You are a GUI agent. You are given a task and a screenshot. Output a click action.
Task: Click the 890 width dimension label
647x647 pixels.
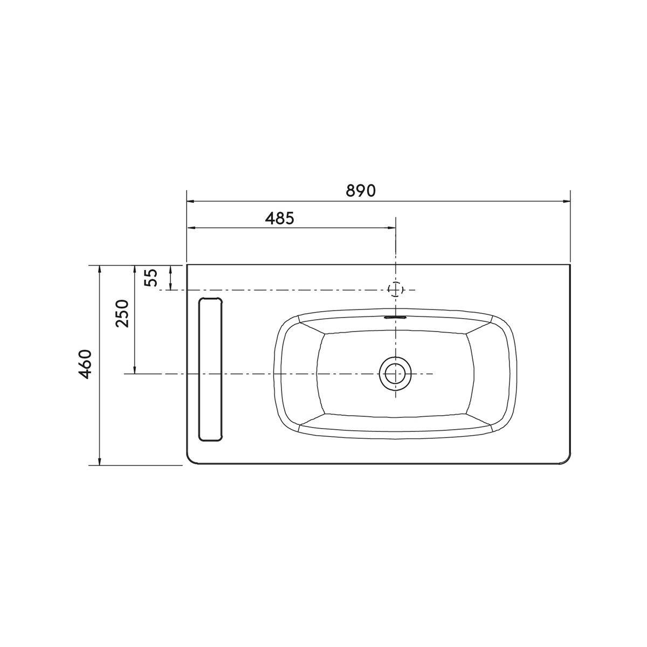click(361, 191)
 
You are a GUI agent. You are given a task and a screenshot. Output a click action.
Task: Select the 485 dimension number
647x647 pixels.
click(280, 218)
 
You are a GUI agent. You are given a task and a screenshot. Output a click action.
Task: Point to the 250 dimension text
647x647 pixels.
click(122, 313)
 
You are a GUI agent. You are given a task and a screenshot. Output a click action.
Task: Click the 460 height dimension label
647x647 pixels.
click(85, 364)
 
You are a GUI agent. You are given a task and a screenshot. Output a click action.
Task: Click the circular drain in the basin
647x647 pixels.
click(396, 373)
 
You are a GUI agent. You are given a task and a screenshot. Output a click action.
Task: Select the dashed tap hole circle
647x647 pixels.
click(396, 289)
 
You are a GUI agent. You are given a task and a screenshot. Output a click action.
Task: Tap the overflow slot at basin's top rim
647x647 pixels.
click(396, 316)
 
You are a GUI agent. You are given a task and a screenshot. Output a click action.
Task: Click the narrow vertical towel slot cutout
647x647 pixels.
click(210, 369)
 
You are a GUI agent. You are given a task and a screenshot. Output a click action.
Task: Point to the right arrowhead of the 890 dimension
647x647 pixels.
click(567, 202)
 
